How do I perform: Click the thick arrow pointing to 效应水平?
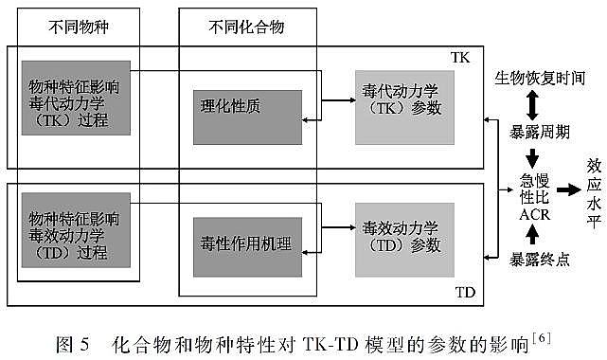[x=568, y=189]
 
